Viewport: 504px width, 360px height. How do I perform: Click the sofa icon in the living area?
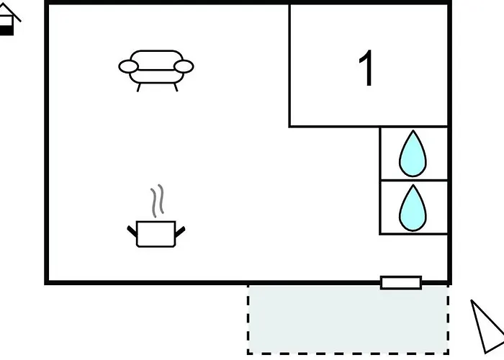156,71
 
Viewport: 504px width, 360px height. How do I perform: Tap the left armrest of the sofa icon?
129,66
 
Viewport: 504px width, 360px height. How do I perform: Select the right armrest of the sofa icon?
184,66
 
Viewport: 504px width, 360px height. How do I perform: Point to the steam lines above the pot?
158,201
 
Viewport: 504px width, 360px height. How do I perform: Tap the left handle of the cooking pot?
132,231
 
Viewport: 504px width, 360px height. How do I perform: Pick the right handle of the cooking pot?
180,232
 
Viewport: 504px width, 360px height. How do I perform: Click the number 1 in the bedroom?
366,68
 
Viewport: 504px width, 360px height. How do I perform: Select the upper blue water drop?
413,153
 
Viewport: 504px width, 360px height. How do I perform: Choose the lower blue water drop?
413,208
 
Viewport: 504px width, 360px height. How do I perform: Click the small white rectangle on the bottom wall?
401,283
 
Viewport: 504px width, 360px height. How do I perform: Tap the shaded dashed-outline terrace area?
348,320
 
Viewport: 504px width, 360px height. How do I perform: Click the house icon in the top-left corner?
9,19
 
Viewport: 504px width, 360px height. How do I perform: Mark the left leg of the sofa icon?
138,87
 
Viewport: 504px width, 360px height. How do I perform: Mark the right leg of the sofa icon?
176,87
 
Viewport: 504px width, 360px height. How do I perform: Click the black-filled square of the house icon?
6,31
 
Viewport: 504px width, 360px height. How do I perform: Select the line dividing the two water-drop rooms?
414,180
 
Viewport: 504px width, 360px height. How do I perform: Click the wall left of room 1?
289,66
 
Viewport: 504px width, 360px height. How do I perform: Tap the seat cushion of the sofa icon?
156,76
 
